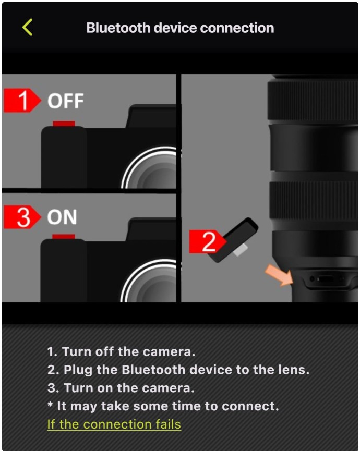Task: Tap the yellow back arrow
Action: [x=27, y=27]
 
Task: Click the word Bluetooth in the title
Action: [x=118, y=28]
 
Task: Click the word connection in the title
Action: [x=237, y=28]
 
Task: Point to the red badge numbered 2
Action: [x=208, y=241]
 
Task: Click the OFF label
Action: [x=66, y=101]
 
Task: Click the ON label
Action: [x=62, y=217]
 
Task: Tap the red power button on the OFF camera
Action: [x=64, y=124]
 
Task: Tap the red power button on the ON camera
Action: [x=64, y=237]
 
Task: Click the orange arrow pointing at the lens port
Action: [x=279, y=275]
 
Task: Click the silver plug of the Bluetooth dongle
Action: [x=240, y=250]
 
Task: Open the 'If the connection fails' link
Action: [x=114, y=424]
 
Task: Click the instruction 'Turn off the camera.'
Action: [x=129, y=351]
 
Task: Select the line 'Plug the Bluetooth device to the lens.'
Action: [x=186, y=370]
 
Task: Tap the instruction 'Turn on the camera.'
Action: [x=129, y=388]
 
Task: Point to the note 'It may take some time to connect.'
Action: [x=168, y=406]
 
